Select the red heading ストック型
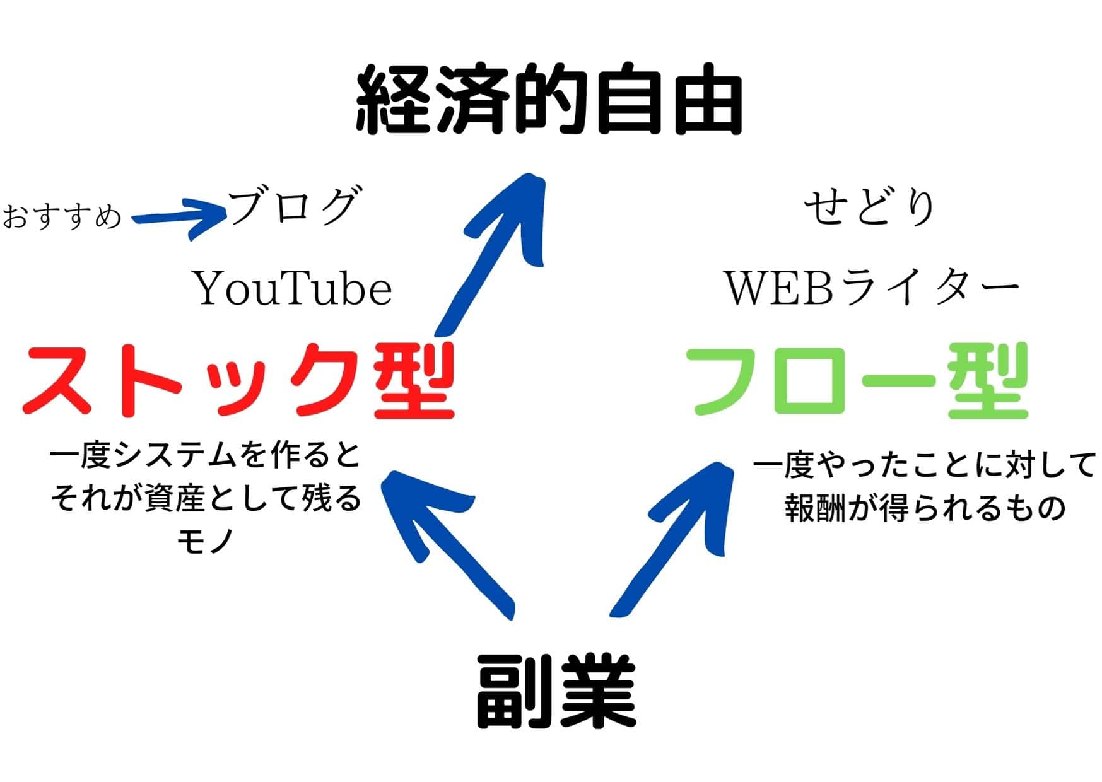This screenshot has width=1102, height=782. pyautogui.click(x=238, y=381)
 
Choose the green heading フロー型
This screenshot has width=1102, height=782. pyautogui.click(x=861, y=381)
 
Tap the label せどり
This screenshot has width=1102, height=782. pyautogui.click(x=869, y=207)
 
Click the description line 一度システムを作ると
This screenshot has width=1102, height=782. pyautogui.click(x=205, y=456)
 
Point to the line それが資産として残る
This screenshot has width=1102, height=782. pyautogui.click(x=206, y=499)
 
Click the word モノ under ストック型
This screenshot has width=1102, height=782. pyautogui.click(x=206, y=541)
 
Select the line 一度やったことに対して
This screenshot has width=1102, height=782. pyautogui.click(x=924, y=466)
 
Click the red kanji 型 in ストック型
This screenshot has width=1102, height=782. pyautogui.click(x=414, y=381)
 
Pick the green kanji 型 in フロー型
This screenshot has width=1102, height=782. pyautogui.click(x=988, y=381)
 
